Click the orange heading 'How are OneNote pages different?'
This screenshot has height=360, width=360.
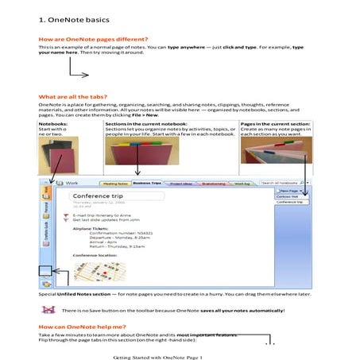[82, 39]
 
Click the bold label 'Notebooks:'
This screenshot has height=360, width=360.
[53, 124]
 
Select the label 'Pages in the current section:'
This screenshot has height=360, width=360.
[273, 124]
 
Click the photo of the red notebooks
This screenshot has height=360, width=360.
[58, 155]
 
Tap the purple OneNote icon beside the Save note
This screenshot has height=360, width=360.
[48, 310]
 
